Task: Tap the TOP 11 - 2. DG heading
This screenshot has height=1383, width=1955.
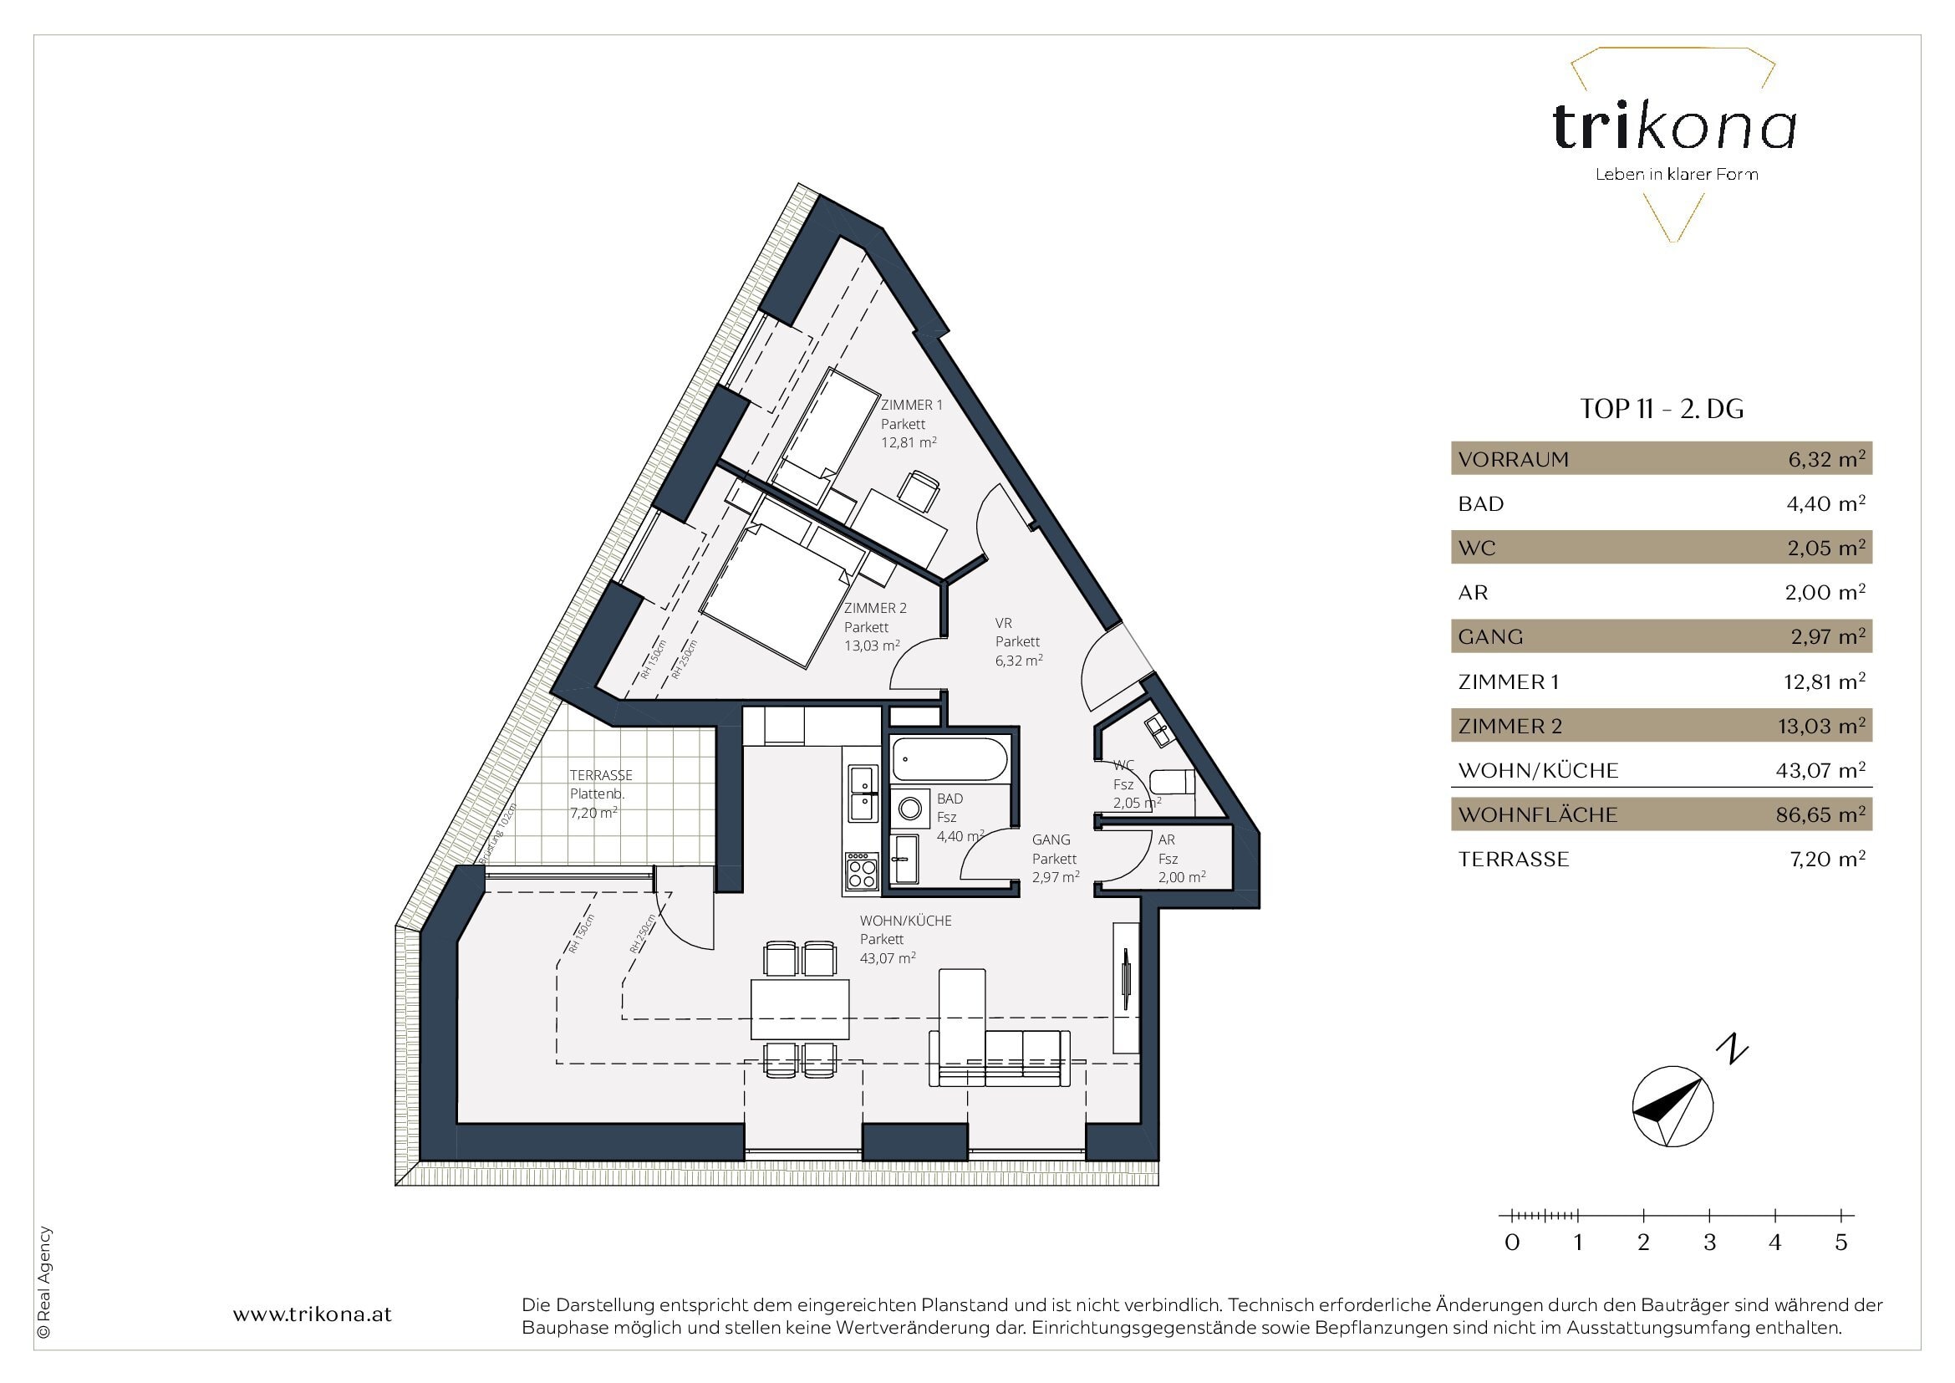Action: pyautogui.click(x=1662, y=409)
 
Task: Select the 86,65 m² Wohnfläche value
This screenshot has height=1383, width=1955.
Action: pyautogui.click(x=1820, y=814)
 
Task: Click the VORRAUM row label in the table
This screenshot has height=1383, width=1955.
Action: pyautogui.click(x=1513, y=460)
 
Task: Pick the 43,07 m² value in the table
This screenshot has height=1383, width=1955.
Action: pyautogui.click(x=1820, y=770)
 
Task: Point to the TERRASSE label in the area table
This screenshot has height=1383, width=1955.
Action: pyautogui.click(x=1513, y=860)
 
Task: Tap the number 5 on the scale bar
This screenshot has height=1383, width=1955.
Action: pyautogui.click(x=1840, y=1243)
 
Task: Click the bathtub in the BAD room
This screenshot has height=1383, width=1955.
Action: pyautogui.click(x=949, y=758)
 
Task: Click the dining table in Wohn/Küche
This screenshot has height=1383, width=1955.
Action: pyautogui.click(x=801, y=1009)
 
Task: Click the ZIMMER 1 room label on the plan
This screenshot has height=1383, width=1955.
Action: pyautogui.click(x=912, y=406)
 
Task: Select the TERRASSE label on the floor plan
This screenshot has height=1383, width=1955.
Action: pyautogui.click(x=601, y=775)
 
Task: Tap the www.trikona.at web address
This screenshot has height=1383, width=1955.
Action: pyautogui.click(x=313, y=1314)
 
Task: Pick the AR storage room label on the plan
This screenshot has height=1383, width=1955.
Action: pyautogui.click(x=1167, y=839)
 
